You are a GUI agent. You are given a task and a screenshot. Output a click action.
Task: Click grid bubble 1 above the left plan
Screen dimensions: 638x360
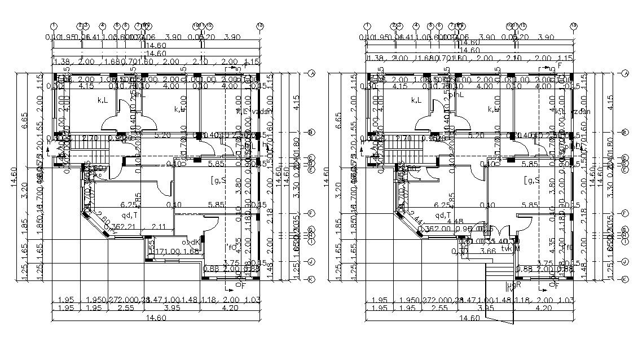[54, 25]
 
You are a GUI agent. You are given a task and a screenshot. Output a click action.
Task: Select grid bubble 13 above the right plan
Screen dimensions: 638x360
[574, 25]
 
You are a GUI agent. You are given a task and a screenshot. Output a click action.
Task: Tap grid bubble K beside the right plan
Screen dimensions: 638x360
[625, 279]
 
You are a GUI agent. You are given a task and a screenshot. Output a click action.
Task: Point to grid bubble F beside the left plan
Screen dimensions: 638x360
[311, 213]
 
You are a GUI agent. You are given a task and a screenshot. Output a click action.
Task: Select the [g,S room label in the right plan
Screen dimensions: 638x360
[531, 181]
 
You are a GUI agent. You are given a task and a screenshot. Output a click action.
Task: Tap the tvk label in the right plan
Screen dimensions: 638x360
[510, 247]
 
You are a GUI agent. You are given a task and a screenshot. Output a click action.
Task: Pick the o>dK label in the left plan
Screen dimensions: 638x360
[190, 243]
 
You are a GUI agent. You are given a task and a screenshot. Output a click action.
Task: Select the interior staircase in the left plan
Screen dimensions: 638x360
[85, 152]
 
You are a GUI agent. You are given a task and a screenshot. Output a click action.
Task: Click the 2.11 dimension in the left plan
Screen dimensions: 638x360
[160, 227]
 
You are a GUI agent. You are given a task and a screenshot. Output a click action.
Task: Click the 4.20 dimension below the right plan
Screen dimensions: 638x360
[543, 308]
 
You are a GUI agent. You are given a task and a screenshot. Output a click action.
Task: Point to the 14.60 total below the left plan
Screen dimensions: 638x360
[156, 318]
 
